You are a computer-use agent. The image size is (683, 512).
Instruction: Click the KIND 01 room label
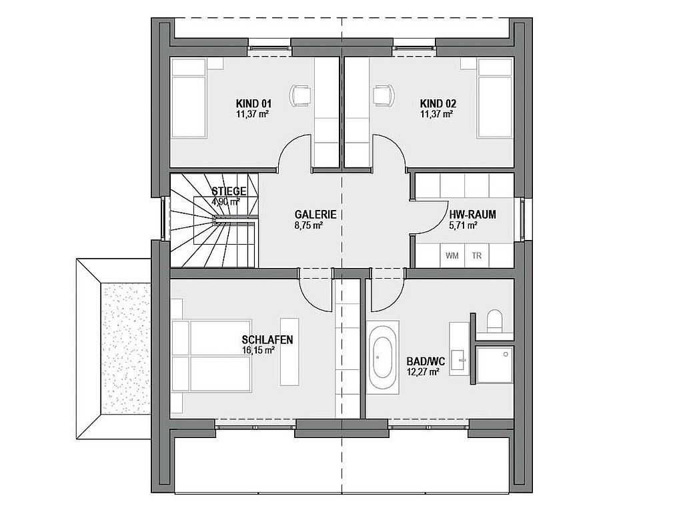(253, 103)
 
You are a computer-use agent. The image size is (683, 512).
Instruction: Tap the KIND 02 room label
(438, 103)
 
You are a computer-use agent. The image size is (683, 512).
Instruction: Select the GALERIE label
(315, 215)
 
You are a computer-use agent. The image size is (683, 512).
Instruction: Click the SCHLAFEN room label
(267, 339)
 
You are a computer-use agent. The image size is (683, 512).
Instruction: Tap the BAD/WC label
(426, 362)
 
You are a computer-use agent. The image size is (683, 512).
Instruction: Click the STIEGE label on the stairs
(229, 191)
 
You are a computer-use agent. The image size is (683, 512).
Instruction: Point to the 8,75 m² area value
(308, 225)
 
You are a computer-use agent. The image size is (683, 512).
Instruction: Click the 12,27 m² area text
(422, 372)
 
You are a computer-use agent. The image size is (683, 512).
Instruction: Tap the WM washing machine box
(452, 255)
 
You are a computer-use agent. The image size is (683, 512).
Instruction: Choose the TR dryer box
(476, 255)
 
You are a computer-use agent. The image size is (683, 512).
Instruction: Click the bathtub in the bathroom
(383, 357)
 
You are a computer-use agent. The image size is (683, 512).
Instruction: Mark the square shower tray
(494, 365)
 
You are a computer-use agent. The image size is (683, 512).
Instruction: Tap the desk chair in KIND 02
(384, 95)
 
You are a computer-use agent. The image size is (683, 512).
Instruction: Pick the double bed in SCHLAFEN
(211, 357)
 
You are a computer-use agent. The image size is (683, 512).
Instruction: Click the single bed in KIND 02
(496, 99)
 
